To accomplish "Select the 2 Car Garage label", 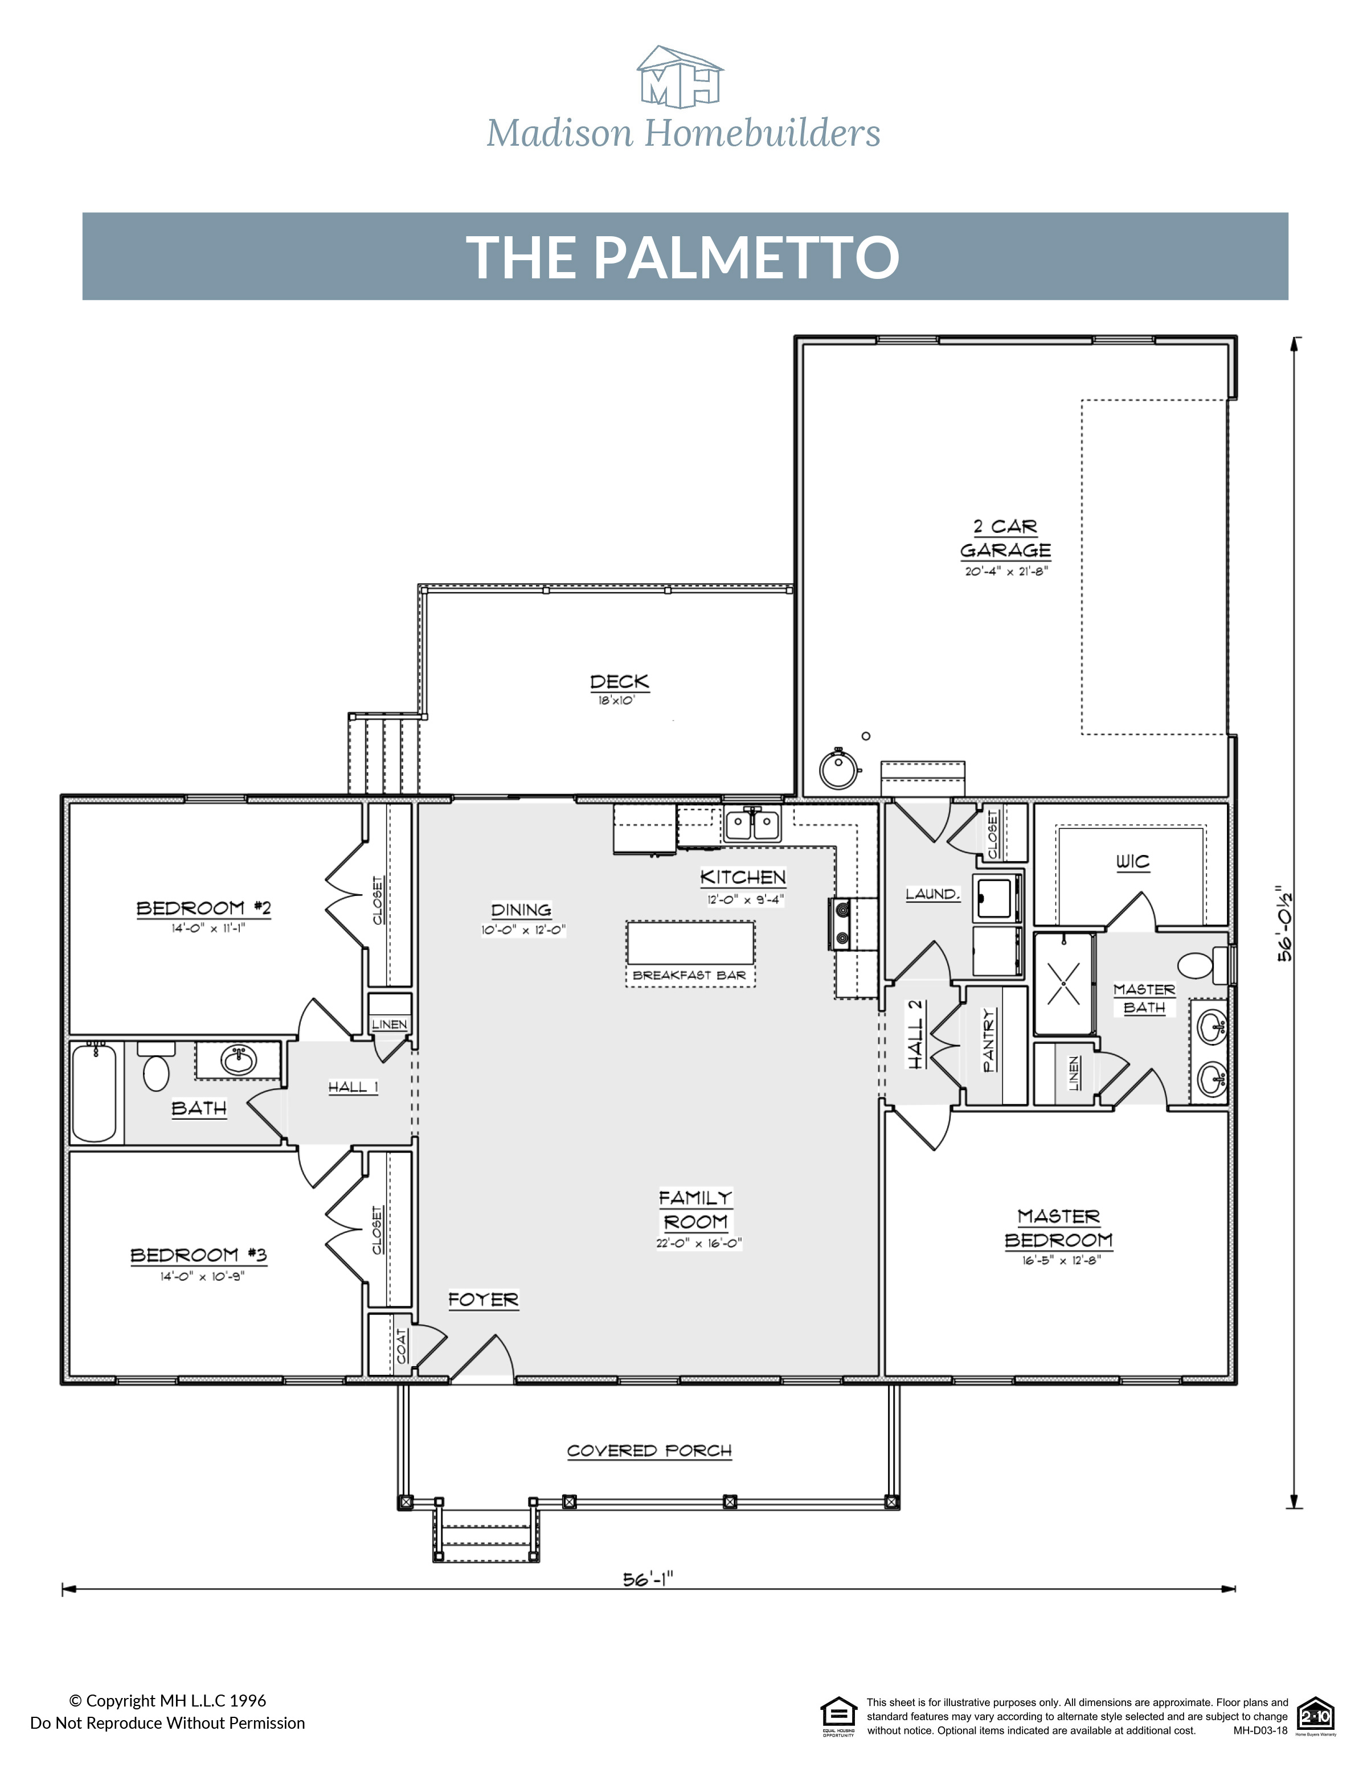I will coord(1005,538).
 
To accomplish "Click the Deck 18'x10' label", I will coord(620,688).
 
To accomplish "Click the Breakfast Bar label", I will coord(689,976).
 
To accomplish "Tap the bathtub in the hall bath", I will coord(95,1093).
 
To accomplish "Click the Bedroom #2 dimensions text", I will coord(207,928).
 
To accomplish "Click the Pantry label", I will coord(988,1040).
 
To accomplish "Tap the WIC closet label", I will coord(1132,862).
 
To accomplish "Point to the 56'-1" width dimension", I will coord(648,1578).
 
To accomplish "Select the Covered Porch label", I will coord(649,1451).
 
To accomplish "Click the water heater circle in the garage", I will coord(838,769).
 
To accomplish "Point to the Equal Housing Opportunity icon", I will coord(838,1716).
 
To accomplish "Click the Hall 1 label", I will coord(353,1087).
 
